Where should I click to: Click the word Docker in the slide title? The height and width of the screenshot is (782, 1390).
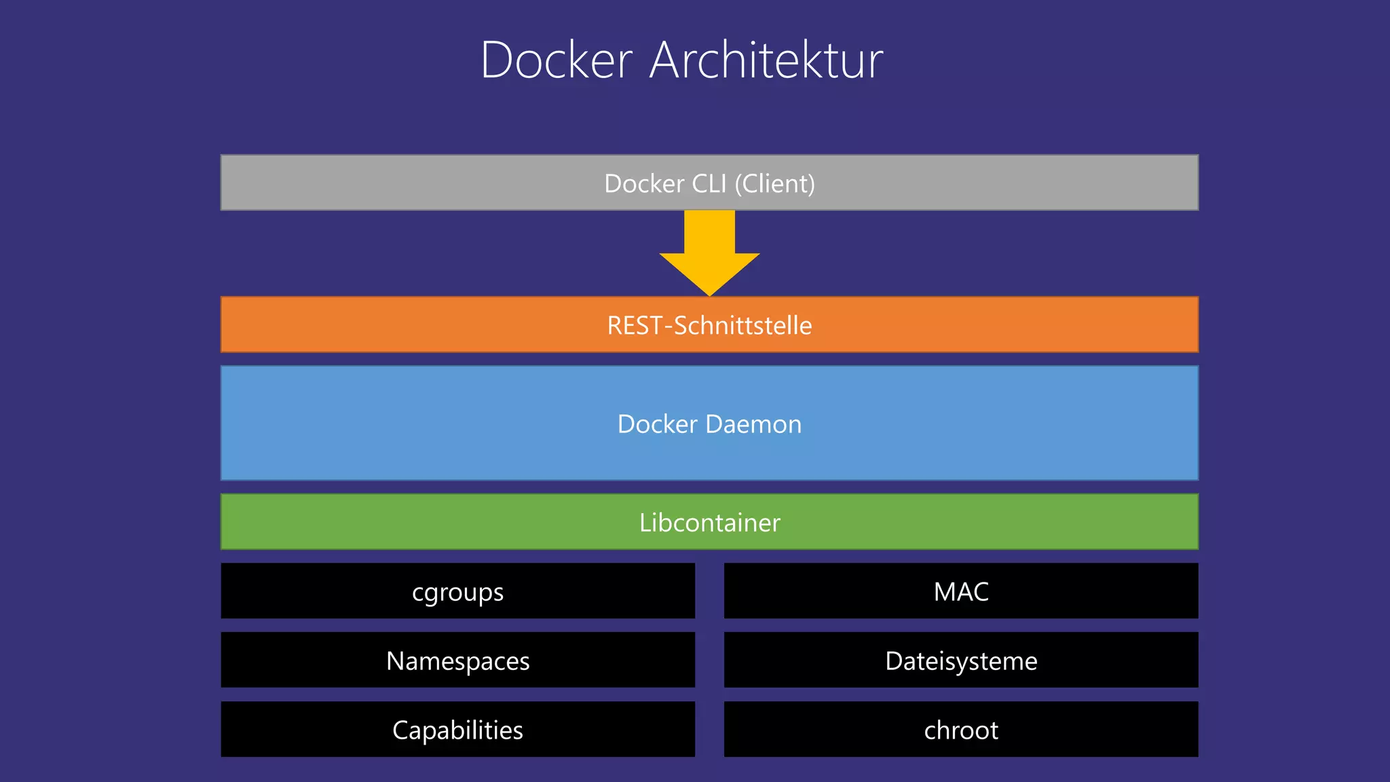click(x=557, y=61)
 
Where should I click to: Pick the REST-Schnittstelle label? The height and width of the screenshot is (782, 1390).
click(x=709, y=325)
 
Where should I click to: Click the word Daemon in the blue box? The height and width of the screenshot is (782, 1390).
click(x=753, y=424)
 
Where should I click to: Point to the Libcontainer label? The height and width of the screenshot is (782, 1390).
click(x=709, y=523)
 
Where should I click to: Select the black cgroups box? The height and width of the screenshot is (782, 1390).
click(x=457, y=591)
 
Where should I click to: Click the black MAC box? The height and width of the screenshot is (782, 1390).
click(x=960, y=591)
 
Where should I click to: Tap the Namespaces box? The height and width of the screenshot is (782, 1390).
click(x=457, y=660)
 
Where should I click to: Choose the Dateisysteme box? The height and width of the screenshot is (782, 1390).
click(x=960, y=660)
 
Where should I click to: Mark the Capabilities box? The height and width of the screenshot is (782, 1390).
click(x=457, y=730)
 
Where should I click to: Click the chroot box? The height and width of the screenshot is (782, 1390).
click(x=960, y=730)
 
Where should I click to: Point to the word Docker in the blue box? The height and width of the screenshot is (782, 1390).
click(x=657, y=424)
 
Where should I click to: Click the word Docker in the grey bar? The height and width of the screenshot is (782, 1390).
click(x=644, y=183)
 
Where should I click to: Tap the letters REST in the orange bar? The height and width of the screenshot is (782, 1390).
click(x=635, y=325)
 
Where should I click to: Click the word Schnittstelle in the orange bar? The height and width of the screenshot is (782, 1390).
click(x=743, y=325)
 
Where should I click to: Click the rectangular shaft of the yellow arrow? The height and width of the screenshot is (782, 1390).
click(x=709, y=231)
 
